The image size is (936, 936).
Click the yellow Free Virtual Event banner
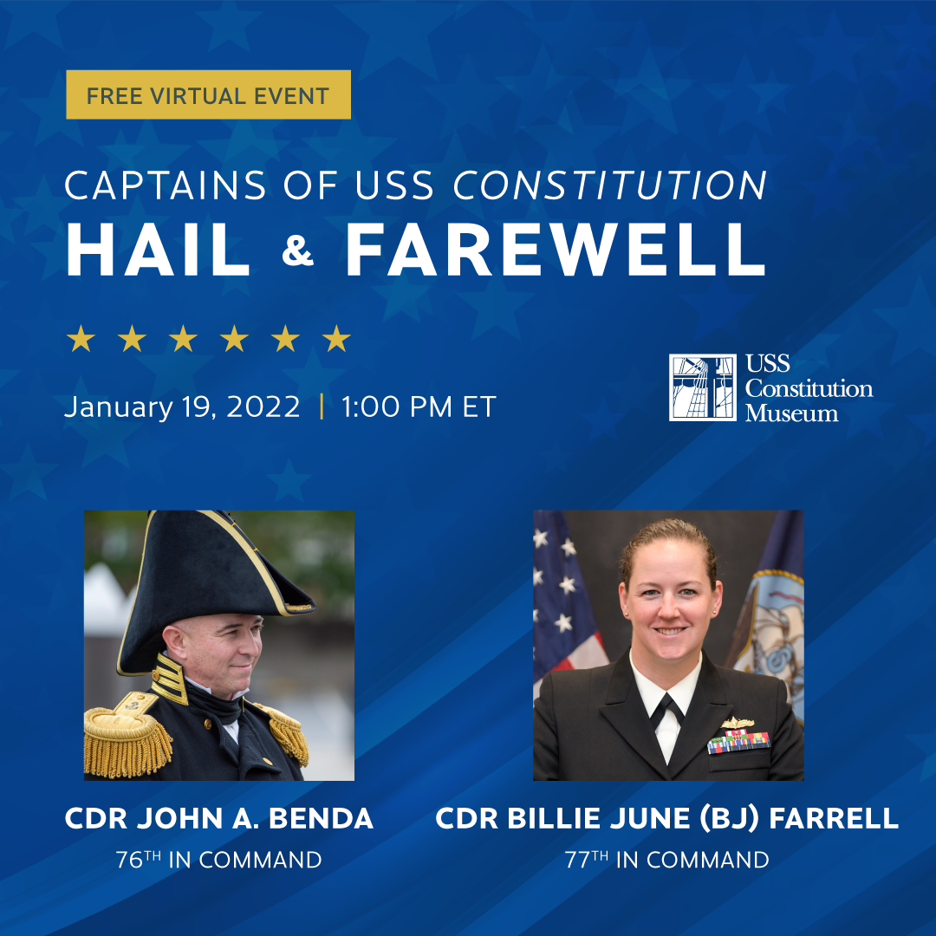(208, 94)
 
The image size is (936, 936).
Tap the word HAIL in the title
(159, 249)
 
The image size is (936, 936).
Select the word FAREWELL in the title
(556, 249)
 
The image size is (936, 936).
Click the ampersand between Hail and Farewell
(297, 251)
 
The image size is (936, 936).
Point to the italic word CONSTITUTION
(610, 185)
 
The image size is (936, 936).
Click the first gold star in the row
(81, 339)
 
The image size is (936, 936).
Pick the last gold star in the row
(336, 339)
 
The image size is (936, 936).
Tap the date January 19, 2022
(182, 407)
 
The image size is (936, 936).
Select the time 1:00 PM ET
(419, 407)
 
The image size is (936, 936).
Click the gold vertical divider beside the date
(322, 406)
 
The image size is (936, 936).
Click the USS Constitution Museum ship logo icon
(703, 387)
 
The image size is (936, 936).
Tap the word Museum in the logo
(791, 413)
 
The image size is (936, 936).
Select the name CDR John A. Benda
(219, 818)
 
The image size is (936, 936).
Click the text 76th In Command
(219, 860)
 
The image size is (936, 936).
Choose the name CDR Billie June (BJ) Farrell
(667, 818)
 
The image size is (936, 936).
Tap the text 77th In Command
(667, 860)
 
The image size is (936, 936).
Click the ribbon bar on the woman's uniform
(739, 742)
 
